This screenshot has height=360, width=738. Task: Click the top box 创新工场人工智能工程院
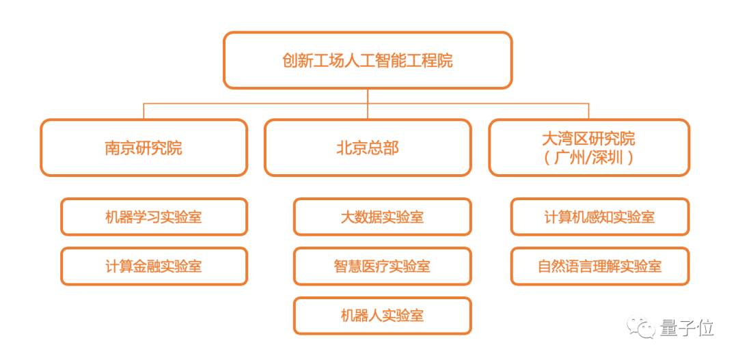click(368, 60)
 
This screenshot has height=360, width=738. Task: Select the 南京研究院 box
click(143, 148)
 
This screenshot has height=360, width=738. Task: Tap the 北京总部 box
click(368, 148)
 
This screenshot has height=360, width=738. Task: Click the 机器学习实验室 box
click(154, 217)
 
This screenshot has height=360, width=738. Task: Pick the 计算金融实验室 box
click(154, 266)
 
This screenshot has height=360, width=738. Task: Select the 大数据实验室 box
click(382, 217)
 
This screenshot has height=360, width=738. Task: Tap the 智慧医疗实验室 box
click(382, 266)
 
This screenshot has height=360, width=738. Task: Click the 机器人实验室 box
click(382, 315)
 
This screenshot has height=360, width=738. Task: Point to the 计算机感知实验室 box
click(600, 217)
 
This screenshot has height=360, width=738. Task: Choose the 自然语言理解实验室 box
click(600, 266)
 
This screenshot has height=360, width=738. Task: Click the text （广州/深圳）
click(588, 158)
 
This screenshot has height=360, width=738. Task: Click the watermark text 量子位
click(687, 328)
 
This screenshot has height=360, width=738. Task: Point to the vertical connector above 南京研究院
click(143, 111)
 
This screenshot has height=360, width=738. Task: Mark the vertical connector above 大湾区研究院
click(588, 111)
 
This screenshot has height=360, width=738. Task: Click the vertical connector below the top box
click(368, 96)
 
